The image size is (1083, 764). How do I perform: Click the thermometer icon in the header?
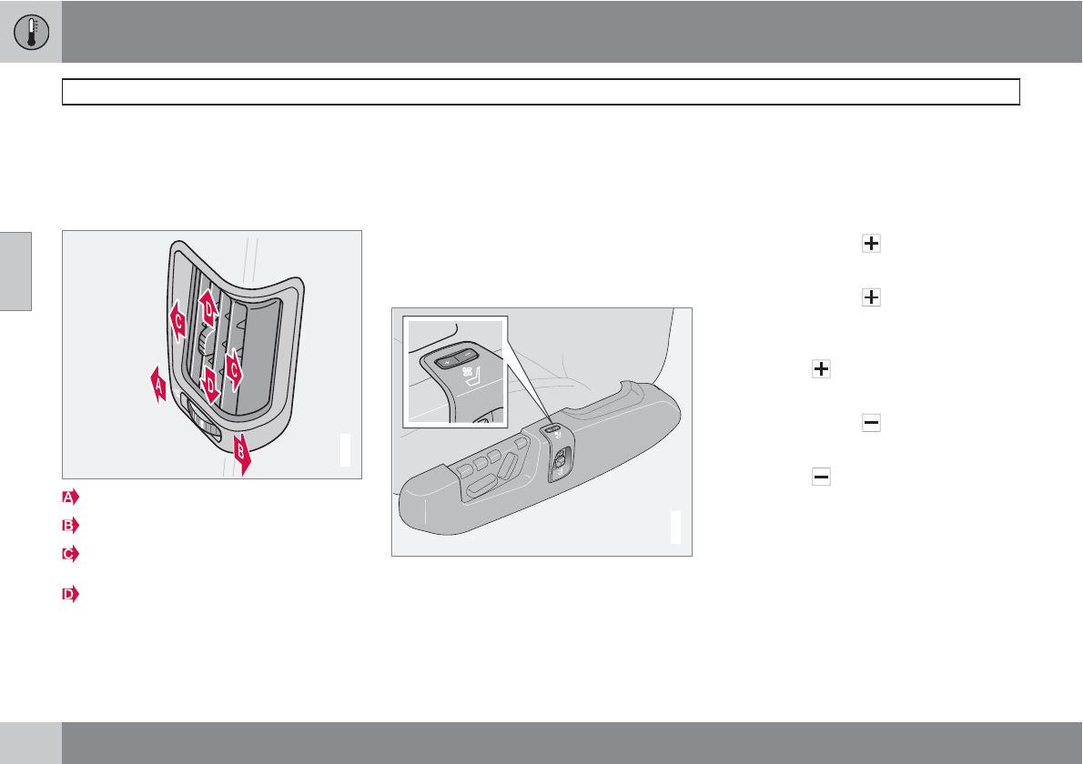[31, 32]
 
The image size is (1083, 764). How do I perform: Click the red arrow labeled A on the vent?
[158, 385]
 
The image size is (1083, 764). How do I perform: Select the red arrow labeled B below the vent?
[242, 454]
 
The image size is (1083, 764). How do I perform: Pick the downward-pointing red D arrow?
[210, 385]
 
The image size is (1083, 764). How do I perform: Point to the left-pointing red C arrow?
[178, 321]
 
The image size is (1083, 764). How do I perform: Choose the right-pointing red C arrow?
[234, 369]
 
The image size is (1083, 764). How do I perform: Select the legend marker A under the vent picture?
[70, 497]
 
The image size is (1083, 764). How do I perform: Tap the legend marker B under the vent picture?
[70, 525]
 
